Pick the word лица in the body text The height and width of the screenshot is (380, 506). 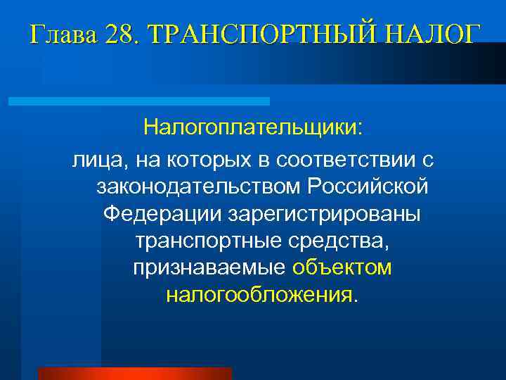(x=94, y=161)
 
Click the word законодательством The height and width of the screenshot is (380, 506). (x=198, y=187)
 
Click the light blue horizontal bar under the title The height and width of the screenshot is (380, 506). (x=138, y=101)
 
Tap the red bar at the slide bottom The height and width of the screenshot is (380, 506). (x=135, y=374)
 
